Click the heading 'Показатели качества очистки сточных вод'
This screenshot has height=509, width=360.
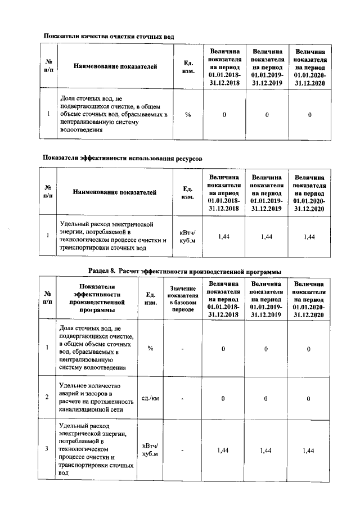tap(109, 37)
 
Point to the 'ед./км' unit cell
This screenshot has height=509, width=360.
tap(150, 399)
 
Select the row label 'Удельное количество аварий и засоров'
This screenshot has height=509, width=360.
tap(96, 399)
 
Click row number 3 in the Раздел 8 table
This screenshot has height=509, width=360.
tap(47, 449)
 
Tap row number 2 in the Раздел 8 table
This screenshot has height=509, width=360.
tap(47, 399)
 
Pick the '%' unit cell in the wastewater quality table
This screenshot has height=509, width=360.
tap(188, 115)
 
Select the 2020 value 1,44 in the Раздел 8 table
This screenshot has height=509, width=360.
tap(309, 450)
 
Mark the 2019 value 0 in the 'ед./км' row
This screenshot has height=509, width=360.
tap(266, 399)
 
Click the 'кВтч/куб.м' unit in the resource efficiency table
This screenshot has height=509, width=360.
tap(188, 237)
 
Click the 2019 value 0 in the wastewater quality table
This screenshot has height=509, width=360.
tap(267, 115)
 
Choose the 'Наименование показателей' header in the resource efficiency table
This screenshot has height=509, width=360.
tap(115, 193)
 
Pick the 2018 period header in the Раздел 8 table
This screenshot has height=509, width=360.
tap(223, 299)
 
